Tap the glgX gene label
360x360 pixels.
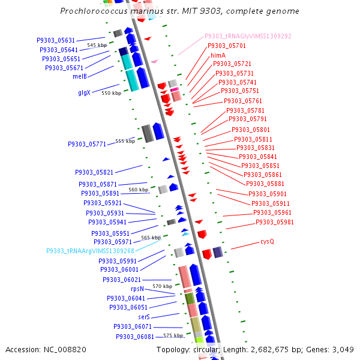pos(84,92)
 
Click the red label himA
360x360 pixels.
pos(218,55)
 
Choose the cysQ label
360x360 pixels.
pos(267,241)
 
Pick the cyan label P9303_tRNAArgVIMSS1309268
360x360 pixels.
pos(91,251)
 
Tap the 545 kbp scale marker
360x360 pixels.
pos(97,45)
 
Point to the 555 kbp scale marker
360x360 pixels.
pos(125,141)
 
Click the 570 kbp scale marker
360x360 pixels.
pos(163,286)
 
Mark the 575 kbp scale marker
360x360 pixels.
pos(173,335)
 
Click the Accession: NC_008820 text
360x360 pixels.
pos(46,349)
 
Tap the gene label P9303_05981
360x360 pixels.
pos(275,222)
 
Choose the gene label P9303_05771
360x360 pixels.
pos(87,144)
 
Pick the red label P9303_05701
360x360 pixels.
pos(227,46)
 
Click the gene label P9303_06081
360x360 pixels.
pos(135,337)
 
